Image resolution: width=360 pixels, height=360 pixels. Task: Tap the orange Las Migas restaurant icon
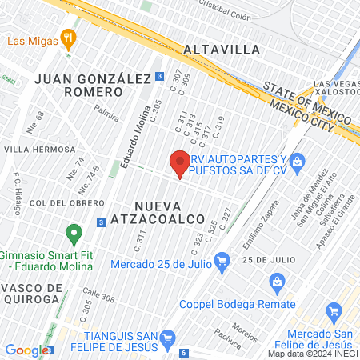point(70,38)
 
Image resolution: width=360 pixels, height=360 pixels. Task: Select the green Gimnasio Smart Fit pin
point(74,235)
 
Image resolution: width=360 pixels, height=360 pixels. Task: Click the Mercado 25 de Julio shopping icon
point(222,258)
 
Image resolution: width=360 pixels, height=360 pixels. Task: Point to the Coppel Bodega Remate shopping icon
point(277,281)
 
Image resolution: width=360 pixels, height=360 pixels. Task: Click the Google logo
point(26,350)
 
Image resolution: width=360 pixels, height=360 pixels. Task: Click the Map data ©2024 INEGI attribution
point(312,354)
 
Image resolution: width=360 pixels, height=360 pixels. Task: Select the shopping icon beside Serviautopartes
point(297,162)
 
